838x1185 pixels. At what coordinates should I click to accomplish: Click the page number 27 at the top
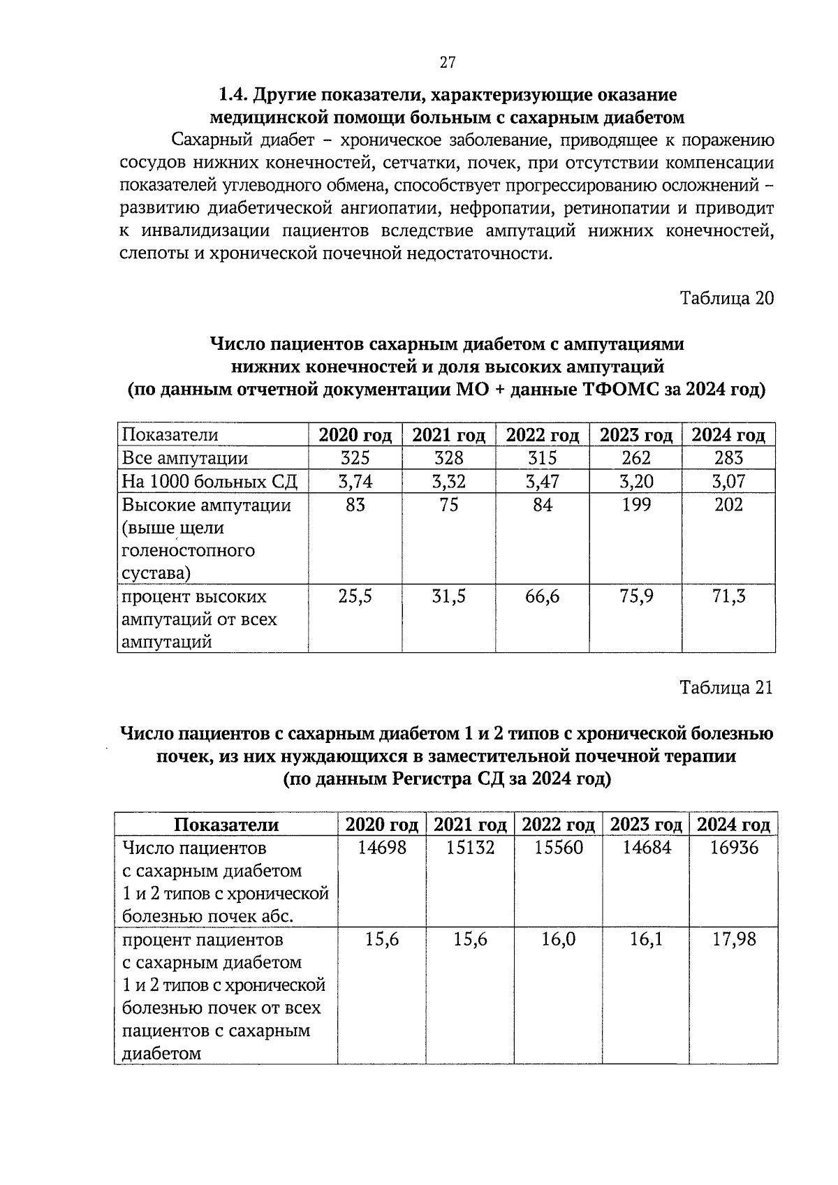(448, 63)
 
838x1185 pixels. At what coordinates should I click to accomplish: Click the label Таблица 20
(727, 298)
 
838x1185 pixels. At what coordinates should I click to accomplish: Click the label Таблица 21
(727, 688)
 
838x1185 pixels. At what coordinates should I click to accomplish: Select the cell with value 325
(355, 458)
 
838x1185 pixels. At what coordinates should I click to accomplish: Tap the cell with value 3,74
(355, 481)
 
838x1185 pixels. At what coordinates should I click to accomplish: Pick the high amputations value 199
(635, 504)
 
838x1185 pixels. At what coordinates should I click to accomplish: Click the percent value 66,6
(542, 596)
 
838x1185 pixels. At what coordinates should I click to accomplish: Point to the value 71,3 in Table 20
(728, 596)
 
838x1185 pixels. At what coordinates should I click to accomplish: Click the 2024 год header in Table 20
(728, 435)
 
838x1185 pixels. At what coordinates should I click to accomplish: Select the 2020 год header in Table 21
(382, 825)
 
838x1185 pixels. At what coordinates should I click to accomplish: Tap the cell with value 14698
(382, 848)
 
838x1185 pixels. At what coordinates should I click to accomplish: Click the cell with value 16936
(733, 848)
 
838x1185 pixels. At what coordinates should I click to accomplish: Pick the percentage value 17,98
(733, 939)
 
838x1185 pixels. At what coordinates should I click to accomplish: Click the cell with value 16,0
(558, 939)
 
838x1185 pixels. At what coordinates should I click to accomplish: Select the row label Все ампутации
(184, 458)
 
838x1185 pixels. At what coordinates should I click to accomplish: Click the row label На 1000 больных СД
(209, 481)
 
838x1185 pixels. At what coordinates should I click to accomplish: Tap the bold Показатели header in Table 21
(226, 825)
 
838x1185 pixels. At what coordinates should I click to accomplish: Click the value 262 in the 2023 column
(635, 458)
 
